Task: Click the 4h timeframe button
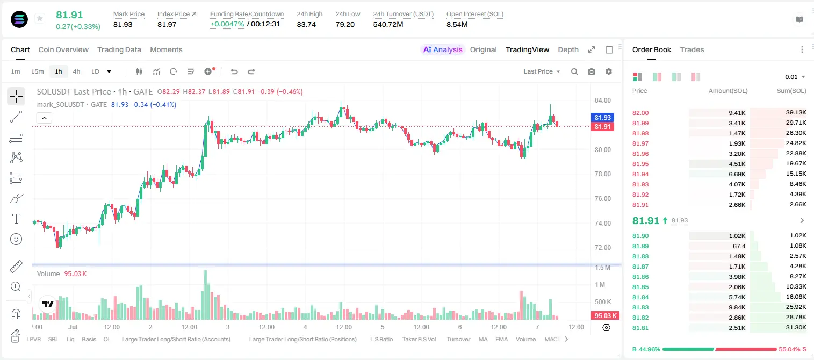click(76, 71)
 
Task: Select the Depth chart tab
click(568, 49)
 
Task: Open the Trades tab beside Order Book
click(692, 49)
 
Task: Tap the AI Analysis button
click(443, 49)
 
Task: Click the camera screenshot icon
click(592, 71)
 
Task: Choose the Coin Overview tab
click(63, 49)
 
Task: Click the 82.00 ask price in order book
click(640, 113)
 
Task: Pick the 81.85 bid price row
click(640, 286)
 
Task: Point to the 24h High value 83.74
click(306, 24)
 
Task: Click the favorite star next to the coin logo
click(40, 18)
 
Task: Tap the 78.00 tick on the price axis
click(602, 174)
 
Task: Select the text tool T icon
click(16, 219)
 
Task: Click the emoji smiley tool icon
click(16, 239)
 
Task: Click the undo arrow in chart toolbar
click(234, 71)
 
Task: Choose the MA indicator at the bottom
click(483, 339)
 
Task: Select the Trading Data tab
click(119, 49)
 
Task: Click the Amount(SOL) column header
click(728, 91)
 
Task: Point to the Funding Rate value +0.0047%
click(227, 24)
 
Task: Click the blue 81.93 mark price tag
click(602, 117)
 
